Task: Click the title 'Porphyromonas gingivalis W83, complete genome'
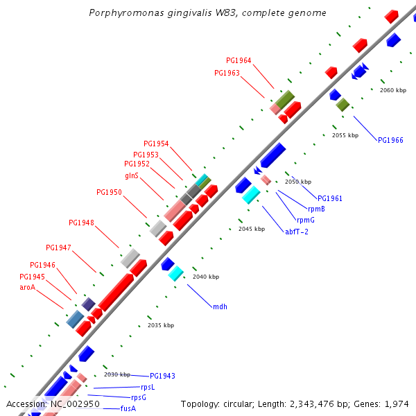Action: pos(207,13)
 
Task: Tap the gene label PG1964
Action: pos(239,61)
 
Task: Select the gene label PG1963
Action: pos(227,73)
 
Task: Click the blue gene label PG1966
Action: pos(390,140)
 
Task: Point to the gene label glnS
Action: pos(132,175)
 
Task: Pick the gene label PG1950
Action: pos(109,193)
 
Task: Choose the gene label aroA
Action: pos(27,287)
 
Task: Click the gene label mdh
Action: pos(220,306)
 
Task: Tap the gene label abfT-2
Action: pos(297,232)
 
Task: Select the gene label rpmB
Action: pos(316,209)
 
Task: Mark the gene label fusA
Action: pos(128,409)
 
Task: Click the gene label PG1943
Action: pos(162,376)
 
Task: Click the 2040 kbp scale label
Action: pos(206,277)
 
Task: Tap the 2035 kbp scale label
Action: pos(161,325)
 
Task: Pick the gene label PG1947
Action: pos(58,248)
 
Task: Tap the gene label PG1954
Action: pos(156,144)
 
